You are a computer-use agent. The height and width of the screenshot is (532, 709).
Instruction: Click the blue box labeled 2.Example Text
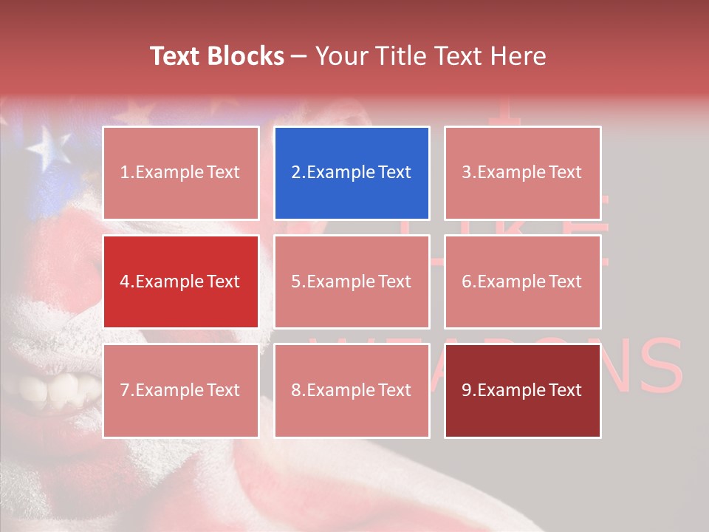tap(352, 173)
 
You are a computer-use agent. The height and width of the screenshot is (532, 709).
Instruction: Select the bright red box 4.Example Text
tap(181, 282)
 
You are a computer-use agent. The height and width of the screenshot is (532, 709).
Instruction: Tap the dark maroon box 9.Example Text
tap(522, 390)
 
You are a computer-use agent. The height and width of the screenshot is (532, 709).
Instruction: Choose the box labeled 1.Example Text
tap(181, 173)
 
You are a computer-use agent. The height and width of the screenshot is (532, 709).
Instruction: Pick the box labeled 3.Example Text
tap(522, 173)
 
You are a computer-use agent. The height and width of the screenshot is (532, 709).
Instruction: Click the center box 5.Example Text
tap(352, 282)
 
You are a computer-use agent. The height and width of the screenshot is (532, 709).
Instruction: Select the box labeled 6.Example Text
tap(522, 282)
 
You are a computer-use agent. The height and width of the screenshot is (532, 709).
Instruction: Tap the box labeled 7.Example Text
tap(181, 390)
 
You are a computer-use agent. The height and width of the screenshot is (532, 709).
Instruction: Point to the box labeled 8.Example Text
tap(352, 390)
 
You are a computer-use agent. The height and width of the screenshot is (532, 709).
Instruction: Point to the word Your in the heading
tap(342, 56)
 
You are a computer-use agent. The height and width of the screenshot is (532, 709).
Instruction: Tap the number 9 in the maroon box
tap(467, 390)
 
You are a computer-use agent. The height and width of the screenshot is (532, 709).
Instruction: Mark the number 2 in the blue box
tap(296, 173)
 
